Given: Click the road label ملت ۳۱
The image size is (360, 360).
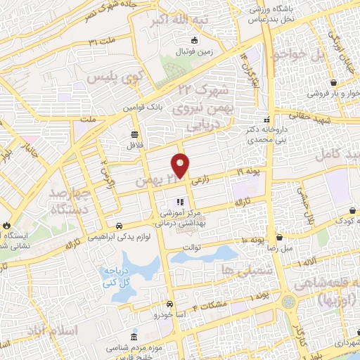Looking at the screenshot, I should tap(103, 43).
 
